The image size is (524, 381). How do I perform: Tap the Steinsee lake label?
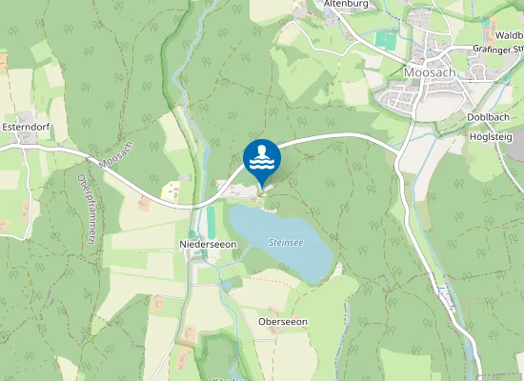(285, 243)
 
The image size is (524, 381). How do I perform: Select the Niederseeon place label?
(208, 245)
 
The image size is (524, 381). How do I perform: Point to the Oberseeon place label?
(283, 322)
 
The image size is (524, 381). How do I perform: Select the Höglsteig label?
(491, 136)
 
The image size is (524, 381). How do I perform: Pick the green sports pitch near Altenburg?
(385, 41)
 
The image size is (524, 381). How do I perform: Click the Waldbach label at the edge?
(509, 34)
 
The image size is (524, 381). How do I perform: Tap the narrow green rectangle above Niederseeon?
(212, 215)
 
